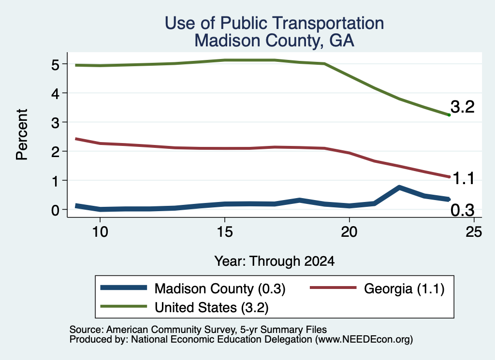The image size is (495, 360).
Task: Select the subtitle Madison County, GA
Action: [x=274, y=41]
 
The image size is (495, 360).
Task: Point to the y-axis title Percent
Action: [x=22, y=134]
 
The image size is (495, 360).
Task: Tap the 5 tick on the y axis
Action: [x=55, y=65]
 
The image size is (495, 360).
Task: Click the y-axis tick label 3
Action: [x=55, y=123]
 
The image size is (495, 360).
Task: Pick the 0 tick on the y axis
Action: [x=55, y=210]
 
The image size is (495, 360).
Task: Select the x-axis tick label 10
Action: [x=100, y=232]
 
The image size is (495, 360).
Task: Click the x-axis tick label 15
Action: [x=225, y=232]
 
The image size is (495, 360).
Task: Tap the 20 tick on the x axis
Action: [x=349, y=232]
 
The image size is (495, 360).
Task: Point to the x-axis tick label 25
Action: [x=474, y=232]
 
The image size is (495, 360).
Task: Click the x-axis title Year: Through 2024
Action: [x=275, y=261]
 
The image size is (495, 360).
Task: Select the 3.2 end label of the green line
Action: [x=463, y=107]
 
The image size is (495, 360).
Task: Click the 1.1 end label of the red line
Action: [x=464, y=179]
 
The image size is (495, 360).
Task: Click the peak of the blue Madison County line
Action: [x=399, y=187]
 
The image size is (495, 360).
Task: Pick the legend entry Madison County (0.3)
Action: [x=193, y=288]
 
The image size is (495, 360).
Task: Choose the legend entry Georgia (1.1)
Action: [x=377, y=288]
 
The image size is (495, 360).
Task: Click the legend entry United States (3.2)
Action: [x=184, y=307]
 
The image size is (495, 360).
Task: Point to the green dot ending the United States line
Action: [x=449, y=115]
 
